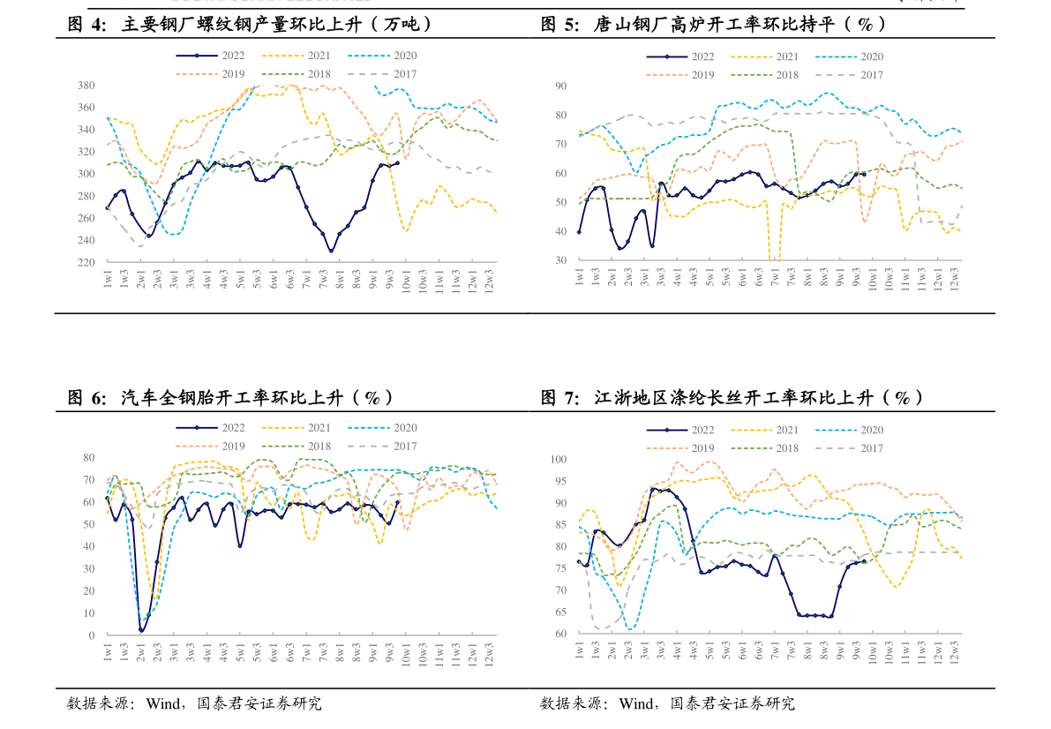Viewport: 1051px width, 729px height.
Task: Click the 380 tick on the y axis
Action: pyautogui.click(x=86, y=86)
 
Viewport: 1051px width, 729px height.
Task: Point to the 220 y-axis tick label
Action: pyautogui.click(x=86, y=262)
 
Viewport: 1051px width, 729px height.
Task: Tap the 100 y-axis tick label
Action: pyautogui.click(x=558, y=459)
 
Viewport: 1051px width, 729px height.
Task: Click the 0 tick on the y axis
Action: pyautogui.click(x=91, y=635)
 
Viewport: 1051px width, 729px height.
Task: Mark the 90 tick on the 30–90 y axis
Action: pyautogui.click(x=560, y=86)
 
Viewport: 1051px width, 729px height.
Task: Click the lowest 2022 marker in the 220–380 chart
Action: pyautogui.click(x=331, y=251)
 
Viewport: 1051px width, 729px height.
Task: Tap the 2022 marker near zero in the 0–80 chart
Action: pyautogui.click(x=141, y=630)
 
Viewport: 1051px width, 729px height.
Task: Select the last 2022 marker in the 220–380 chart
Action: pyautogui.click(x=397, y=163)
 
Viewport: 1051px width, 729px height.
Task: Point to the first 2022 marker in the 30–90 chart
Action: pyautogui.click(x=579, y=232)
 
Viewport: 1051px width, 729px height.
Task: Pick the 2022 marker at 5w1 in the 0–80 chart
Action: pyautogui.click(x=240, y=545)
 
